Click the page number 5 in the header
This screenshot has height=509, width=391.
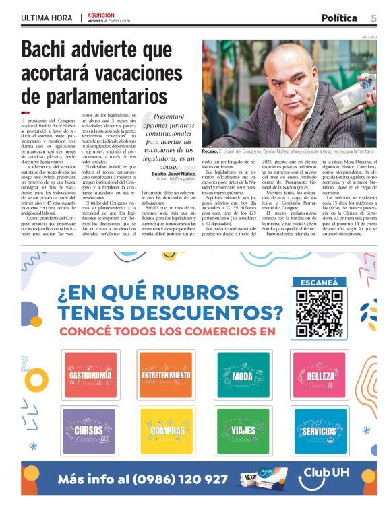pos(373,18)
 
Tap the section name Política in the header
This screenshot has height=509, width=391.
pos(338,18)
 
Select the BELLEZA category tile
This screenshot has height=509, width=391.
pos(319,374)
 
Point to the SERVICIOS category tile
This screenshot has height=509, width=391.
pos(319,430)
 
